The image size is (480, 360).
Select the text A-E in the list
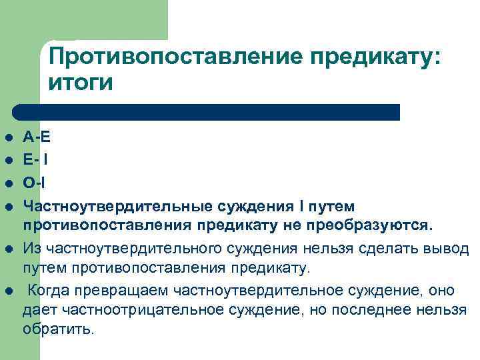[37, 138]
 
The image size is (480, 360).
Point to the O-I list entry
[35, 182]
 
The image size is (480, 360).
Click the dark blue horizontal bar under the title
[207, 112]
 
